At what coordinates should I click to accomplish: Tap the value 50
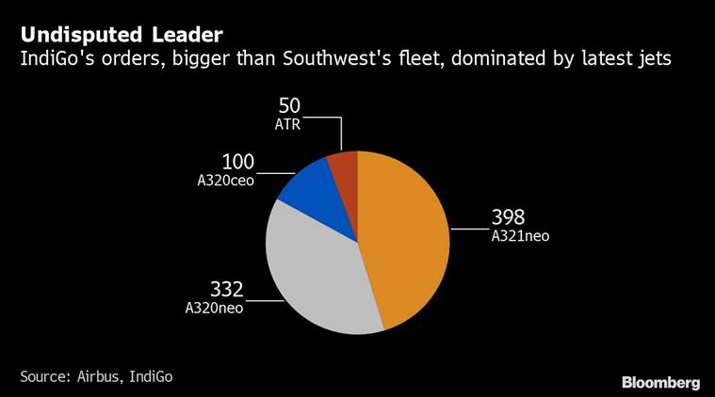coord(289,106)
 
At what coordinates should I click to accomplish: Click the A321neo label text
coord(519,236)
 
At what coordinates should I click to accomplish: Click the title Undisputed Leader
coord(122,36)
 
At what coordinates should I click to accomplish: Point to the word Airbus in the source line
coord(97,376)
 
